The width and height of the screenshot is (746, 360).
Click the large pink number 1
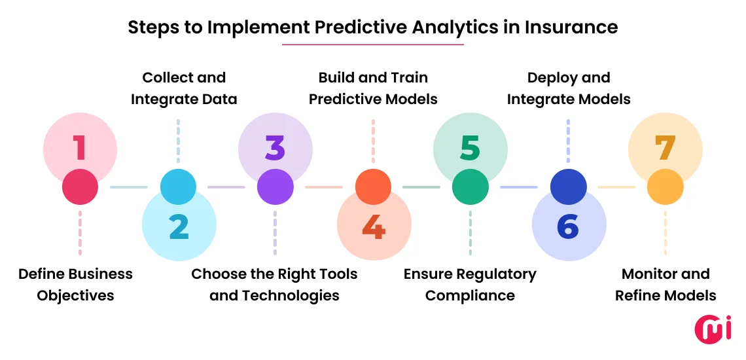tap(80, 147)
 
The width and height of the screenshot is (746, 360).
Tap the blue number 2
tap(179, 226)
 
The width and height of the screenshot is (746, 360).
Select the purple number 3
tap(275, 147)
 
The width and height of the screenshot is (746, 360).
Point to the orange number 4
tap(373, 226)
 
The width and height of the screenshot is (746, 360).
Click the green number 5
tap(470, 147)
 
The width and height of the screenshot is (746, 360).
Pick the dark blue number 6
tap(568, 226)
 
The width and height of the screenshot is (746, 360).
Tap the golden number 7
tap(665, 147)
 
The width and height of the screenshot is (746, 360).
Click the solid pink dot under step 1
tap(80, 187)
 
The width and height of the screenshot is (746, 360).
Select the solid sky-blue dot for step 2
tap(178, 187)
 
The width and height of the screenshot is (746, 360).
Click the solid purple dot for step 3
tap(275, 187)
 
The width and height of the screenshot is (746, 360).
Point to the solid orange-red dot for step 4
tap(373, 187)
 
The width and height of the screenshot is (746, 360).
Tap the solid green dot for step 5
tap(470, 187)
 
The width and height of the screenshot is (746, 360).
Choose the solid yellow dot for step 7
tap(665, 187)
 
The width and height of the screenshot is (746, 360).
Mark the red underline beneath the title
tap(372, 45)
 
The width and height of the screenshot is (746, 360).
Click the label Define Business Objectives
tap(75, 285)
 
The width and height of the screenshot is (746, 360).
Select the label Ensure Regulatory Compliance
tap(470, 285)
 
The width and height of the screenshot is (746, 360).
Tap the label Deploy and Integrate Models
tap(569, 88)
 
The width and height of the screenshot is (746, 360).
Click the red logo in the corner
tap(713, 329)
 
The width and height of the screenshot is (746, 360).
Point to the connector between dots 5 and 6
tap(519, 187)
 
